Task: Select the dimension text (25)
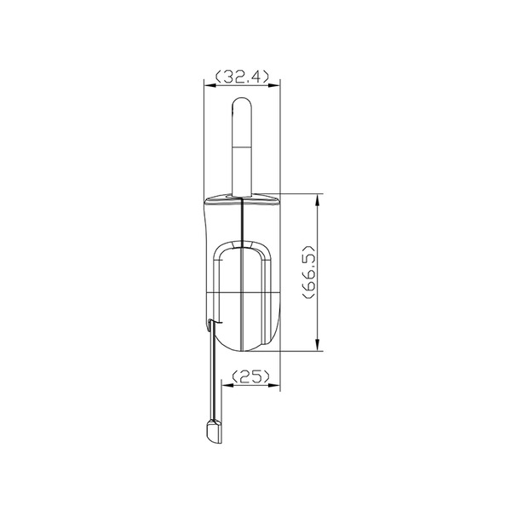point(250,376)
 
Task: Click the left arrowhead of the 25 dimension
point(227,384)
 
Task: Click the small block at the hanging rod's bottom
point(212,432)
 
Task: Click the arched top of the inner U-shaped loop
point(244,245)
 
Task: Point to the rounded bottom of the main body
point(244,347)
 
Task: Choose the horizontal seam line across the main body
point(230,293)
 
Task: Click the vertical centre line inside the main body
point(244,281)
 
